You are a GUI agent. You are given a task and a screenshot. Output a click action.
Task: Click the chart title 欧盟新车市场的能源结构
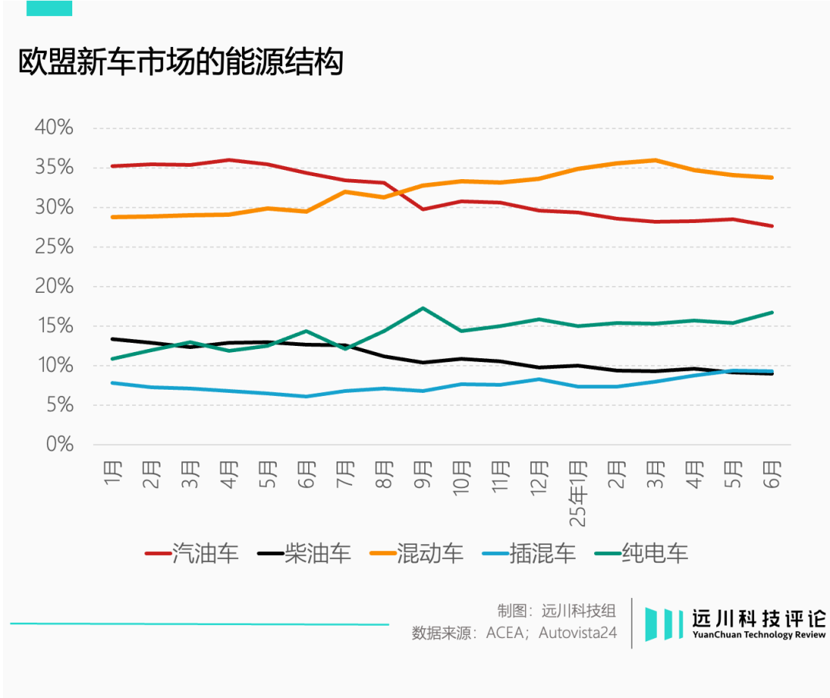point(181,62)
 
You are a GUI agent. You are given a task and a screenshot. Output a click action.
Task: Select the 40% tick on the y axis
point(54,128)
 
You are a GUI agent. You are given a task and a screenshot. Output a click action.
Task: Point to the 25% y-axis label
point(54,247)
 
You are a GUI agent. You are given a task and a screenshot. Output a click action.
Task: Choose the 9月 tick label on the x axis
point(422,475)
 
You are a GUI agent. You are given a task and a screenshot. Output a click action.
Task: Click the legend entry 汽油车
point(192,553)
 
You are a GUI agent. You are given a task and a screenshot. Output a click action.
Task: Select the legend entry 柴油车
point(304,553)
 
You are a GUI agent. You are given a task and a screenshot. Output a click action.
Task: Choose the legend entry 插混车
point(530,553)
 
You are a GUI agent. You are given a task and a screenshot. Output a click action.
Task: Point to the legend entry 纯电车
point(642,553)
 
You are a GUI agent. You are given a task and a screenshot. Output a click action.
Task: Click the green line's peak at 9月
point(422,308)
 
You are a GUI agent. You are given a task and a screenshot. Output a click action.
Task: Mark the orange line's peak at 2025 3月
point(655,160)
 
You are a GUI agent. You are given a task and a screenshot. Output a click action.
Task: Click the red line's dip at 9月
point(422,208)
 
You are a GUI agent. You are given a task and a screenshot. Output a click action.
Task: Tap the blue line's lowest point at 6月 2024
point(306,396)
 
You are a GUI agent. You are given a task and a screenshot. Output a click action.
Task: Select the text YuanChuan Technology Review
point(759,636)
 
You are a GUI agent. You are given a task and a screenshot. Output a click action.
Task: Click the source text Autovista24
point(577,633)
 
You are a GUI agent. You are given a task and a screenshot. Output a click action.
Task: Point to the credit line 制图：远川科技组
point(556,611)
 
